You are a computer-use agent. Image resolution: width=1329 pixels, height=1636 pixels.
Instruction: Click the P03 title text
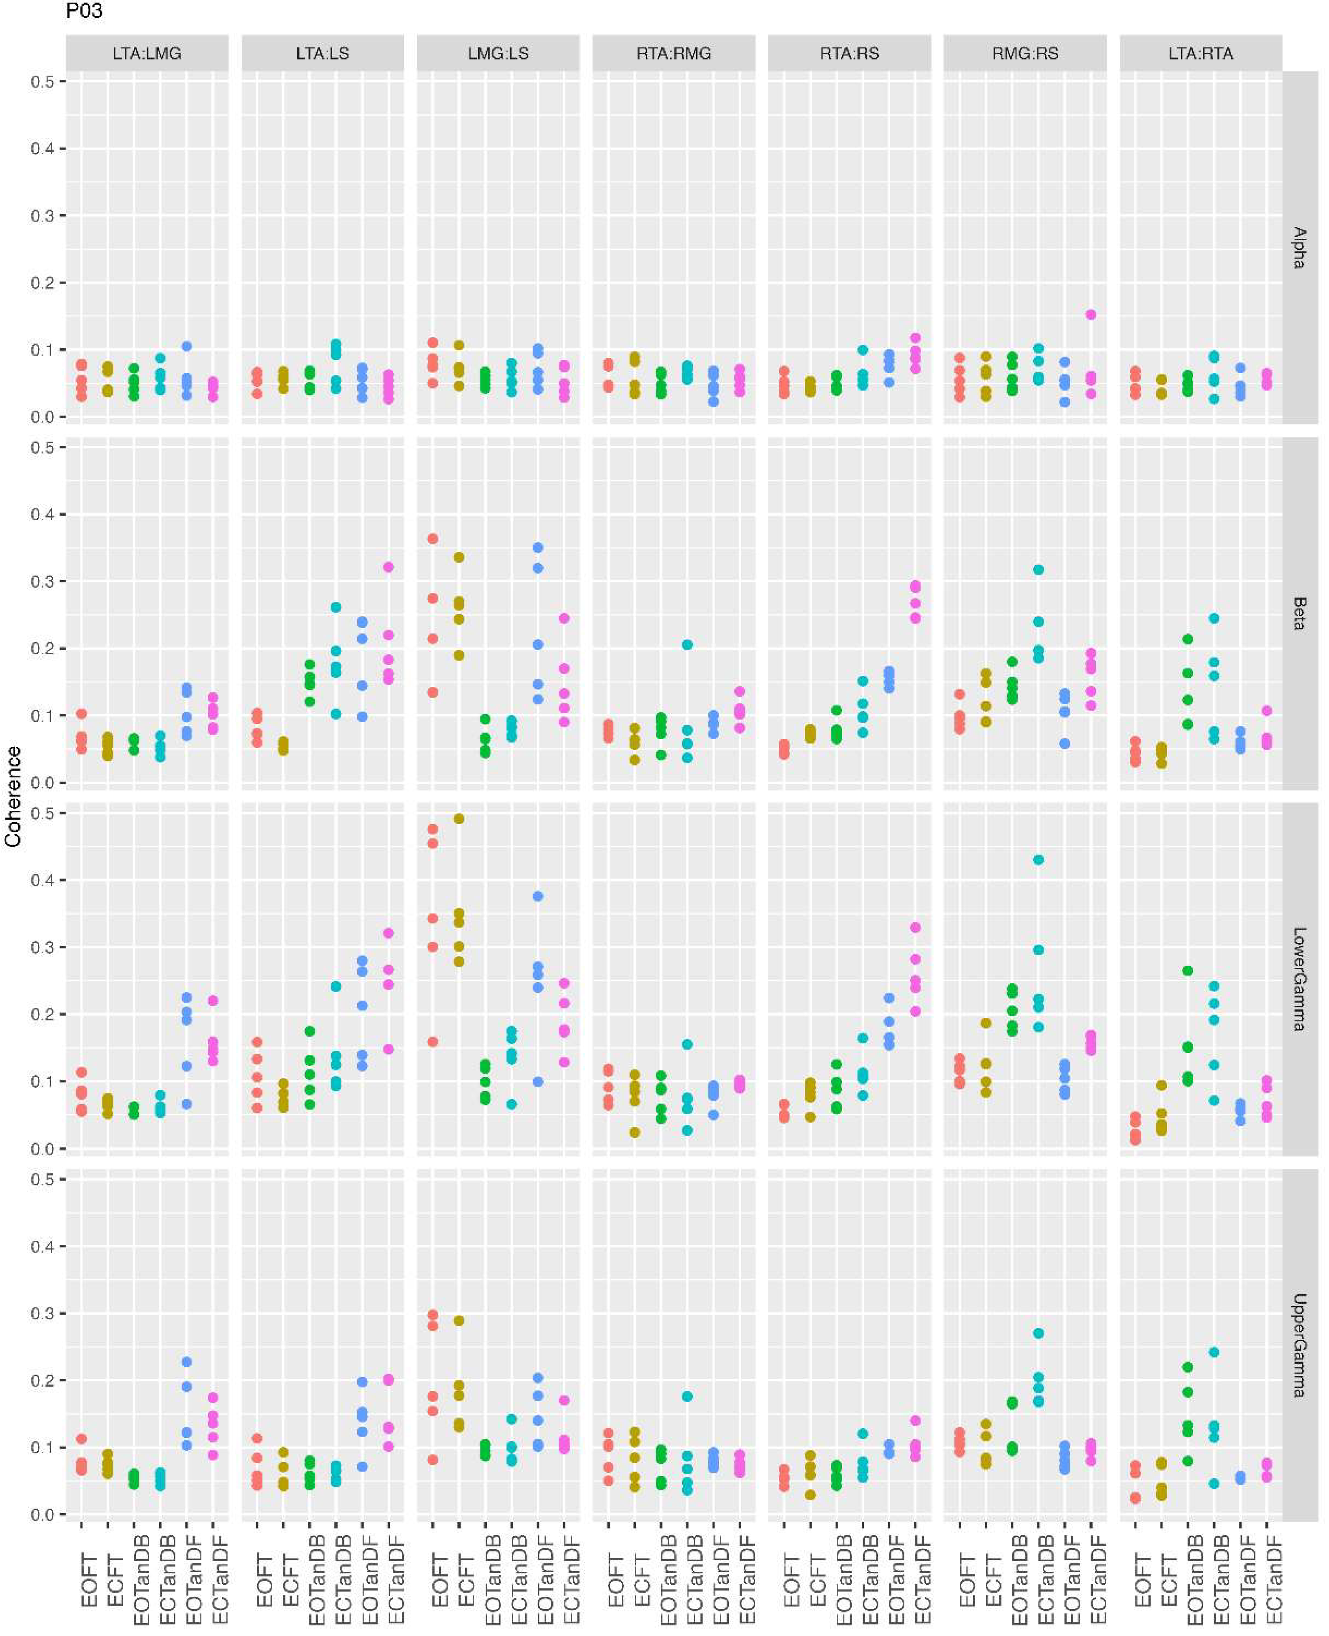(x=84, y=11)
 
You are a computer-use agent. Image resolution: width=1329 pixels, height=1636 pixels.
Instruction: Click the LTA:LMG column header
(x=147, y=54)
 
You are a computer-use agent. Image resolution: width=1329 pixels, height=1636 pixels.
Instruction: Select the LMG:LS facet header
(x=498, y=54)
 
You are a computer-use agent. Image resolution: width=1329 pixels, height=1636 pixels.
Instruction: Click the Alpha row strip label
(x=1299, y=247)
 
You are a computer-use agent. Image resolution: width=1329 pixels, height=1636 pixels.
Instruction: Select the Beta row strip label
(x=1299, y=613)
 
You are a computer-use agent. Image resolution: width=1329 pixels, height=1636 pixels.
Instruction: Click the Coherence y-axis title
(x=13, y=797)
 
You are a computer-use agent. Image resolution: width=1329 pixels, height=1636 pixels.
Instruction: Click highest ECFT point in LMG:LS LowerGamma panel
(x=459, y=819)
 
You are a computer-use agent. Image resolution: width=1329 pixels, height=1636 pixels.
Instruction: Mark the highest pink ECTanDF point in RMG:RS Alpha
(x=1091, y=314)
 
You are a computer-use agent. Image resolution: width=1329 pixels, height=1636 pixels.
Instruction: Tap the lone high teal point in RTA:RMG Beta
(x=688, y=644)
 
